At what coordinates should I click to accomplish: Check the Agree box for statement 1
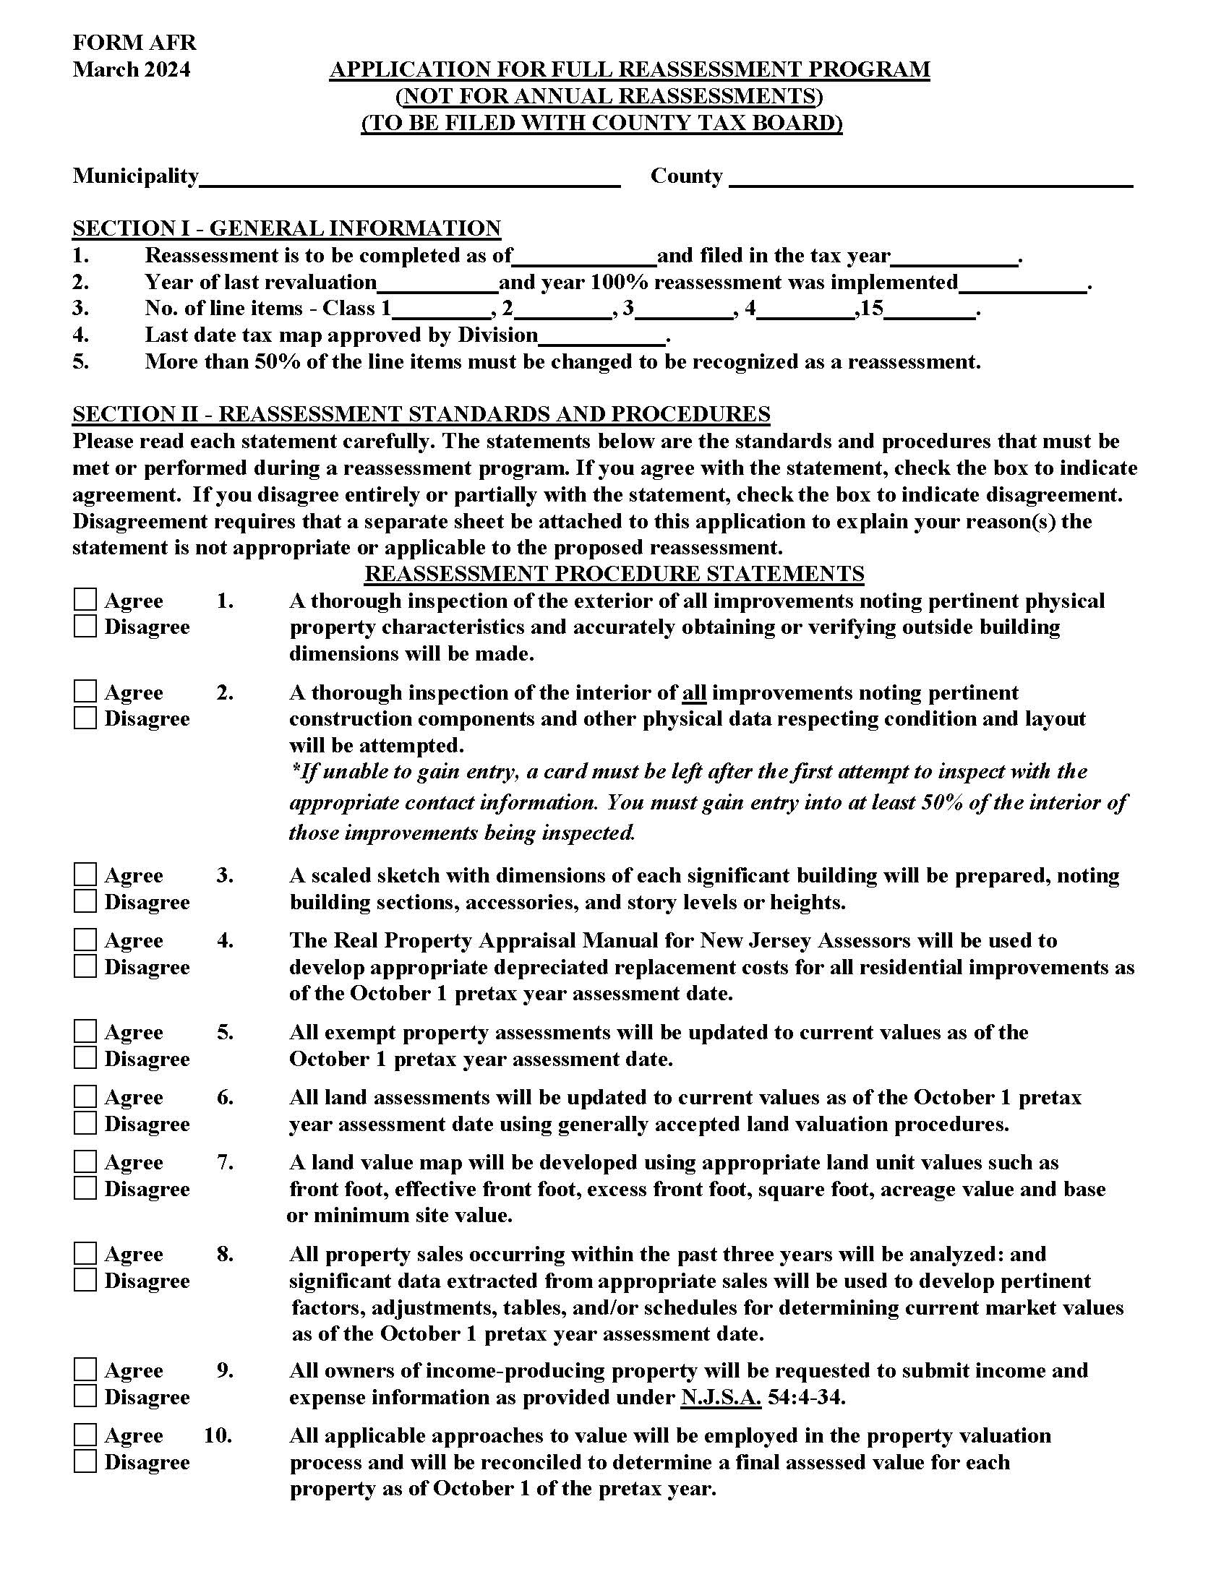click(85, 600)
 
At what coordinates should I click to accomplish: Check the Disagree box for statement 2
click(85, 718)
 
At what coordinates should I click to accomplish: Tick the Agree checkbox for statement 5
click(85, 1031)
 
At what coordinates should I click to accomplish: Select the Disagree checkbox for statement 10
click(85, 1461)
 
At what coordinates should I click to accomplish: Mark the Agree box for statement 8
click(85, 1254)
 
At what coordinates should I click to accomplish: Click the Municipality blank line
click(409, 178)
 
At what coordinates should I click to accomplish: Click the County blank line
click(930, 178)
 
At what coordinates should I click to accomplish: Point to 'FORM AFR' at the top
click(134, 42)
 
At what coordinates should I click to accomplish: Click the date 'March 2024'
click(131, 69)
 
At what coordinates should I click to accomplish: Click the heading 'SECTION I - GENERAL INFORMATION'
click(286, 228)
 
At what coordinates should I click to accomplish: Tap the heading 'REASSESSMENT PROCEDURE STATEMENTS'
click(614, 574)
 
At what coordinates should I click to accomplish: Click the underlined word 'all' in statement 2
click(694, 692)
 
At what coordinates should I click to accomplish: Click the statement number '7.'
click(225, 1162)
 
